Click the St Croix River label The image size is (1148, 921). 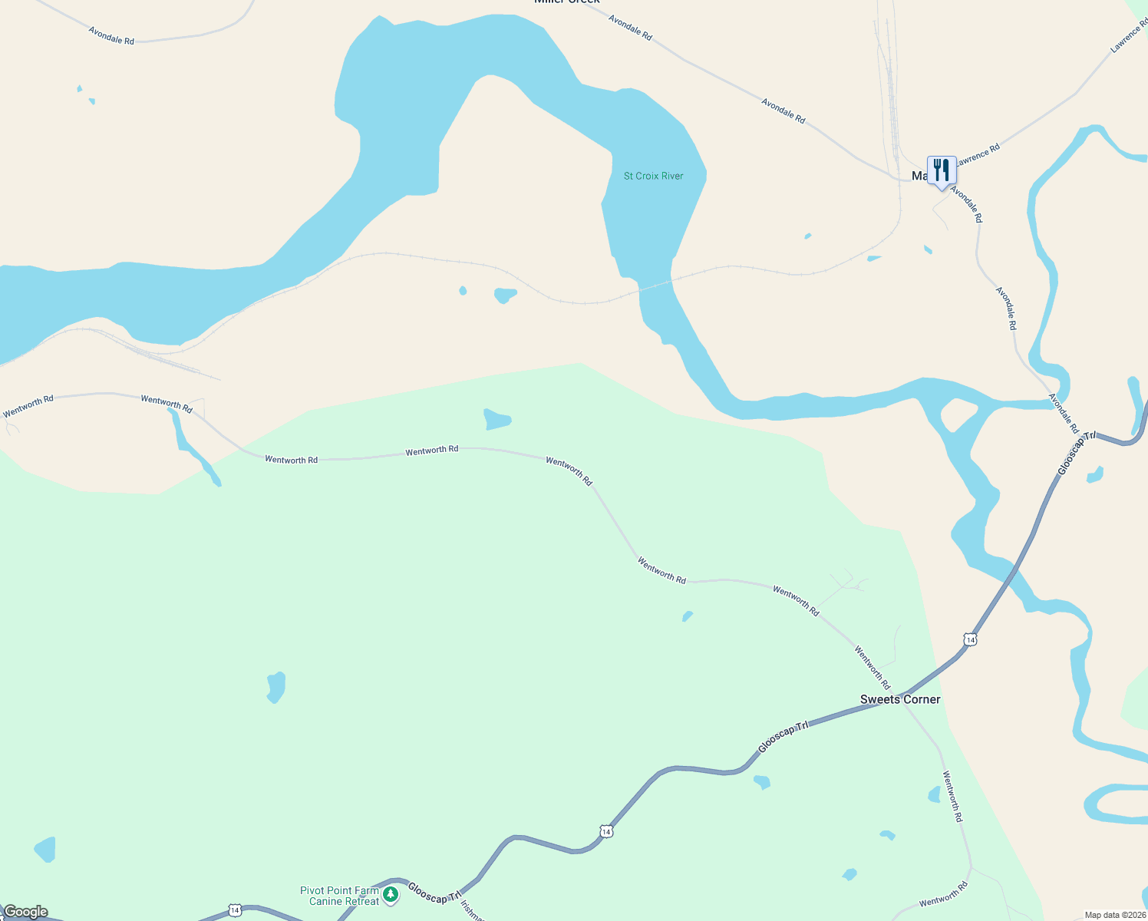click(653, 176)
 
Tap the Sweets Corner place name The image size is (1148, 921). click(899, 699)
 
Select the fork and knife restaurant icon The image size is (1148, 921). click(941, 170)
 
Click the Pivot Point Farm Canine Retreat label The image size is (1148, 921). click(339, 896)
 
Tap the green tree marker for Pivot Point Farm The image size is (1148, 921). click(391, 894)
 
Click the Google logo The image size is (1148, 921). click(25, 912)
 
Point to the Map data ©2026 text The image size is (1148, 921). click(1114, 915)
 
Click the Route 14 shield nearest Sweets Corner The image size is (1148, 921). click(970, 639)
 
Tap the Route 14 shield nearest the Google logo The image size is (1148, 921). click(235, 910)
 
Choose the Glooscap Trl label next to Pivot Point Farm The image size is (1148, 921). click(434, 892)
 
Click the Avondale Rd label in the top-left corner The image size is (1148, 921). click(111, 35)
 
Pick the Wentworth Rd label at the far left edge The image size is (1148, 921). click(28, 406)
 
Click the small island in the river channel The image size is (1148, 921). click(957, 414)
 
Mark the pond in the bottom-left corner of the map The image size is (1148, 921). click(45, 850)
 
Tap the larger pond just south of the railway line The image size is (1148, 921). click(505, 295)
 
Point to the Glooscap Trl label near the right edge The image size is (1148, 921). click(1076, 453)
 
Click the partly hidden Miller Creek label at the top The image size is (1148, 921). click(566, 2)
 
